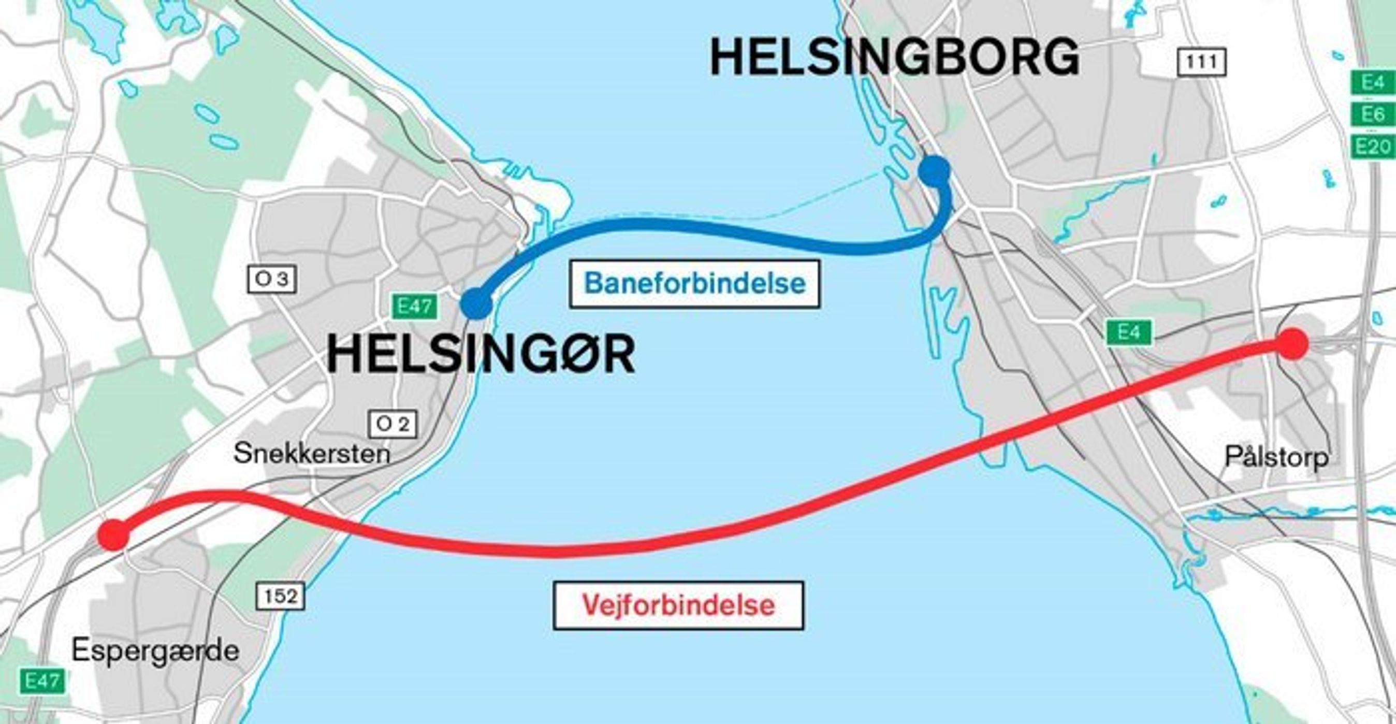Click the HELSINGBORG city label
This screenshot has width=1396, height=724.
(x=894, y=57)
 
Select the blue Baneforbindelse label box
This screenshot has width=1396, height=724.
(x=694, y=284)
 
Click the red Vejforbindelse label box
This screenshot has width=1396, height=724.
(x=678, y=605)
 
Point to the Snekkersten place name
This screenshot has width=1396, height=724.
(x=312, y=454)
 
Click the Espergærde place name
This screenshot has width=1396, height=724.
(x=155, y=650)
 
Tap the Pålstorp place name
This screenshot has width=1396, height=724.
(x=1277, y=457)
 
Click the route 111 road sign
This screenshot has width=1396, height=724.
(x=1201, y=62)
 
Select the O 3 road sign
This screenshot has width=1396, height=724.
(x=271, y=280)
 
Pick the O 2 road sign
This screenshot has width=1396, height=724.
(x=393, y=424)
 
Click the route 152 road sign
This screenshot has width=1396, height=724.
(x=280, y=596)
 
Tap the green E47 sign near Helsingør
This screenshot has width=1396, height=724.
(x=415, y=307)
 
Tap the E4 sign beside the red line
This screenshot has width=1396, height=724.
(x=1129, y=331)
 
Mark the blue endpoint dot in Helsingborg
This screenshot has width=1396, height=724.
(x=934, y=170)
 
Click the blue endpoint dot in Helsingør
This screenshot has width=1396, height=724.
(x=476, y=303)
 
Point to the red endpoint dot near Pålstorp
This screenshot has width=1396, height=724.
(x=1292, y=343)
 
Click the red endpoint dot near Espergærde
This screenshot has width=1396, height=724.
(x=114, y=534)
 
